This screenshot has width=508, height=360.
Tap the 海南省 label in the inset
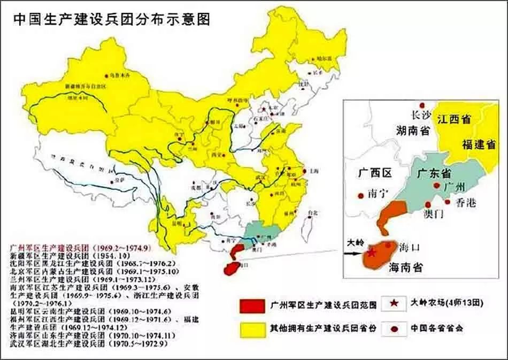tap(405, 268)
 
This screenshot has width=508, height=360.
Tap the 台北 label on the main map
tap(309, 213)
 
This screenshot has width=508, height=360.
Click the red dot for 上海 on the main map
tap(304, 171)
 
